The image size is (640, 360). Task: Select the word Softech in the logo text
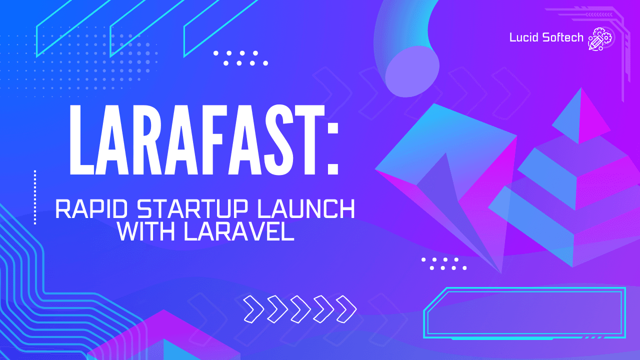point(562,38)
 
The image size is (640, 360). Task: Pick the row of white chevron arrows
point(300,308)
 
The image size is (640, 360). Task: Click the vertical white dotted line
point(35,197)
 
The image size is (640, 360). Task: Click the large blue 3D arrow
point(440,165)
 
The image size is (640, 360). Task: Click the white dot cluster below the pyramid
point(444,263)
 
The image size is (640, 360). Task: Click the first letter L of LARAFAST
point(83,140)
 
